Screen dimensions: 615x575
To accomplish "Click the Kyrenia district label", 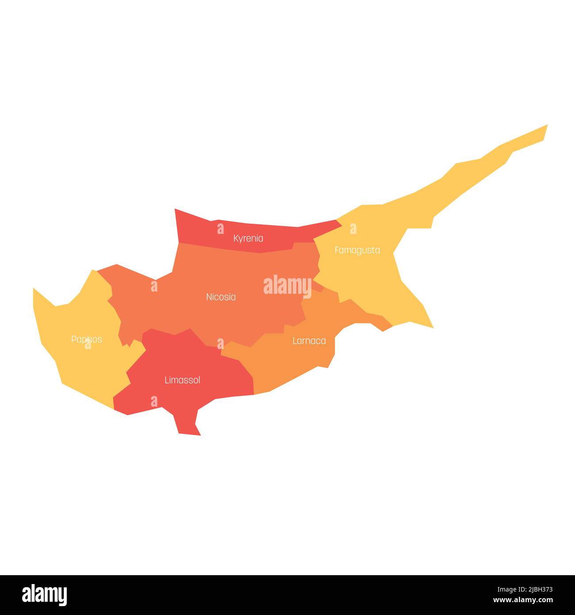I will point(248,238).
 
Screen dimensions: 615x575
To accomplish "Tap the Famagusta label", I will point(357,250).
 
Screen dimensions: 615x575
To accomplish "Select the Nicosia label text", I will point(221,297).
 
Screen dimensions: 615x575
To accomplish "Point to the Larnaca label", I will point(309,341).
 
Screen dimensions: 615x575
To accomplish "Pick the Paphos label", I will point(87,339).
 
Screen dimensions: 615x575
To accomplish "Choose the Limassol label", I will point(182,380).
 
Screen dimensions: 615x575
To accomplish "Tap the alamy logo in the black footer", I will point(45,595).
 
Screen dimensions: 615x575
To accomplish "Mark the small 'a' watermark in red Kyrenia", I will point(220,229).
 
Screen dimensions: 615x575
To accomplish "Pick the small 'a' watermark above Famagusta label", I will point(353,229).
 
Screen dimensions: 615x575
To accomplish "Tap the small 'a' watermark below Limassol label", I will point(154,401).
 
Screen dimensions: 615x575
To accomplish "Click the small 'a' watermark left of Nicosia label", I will point(154,286).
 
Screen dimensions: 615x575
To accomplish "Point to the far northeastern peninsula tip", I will point(546,127).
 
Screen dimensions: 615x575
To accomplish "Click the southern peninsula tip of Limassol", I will point(190,434).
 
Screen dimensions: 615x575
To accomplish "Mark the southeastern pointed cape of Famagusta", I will point(431,327).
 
